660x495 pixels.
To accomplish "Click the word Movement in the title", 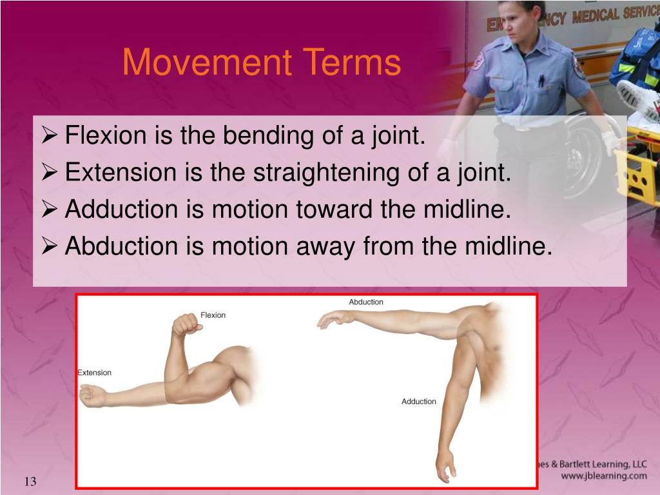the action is pos(207,63).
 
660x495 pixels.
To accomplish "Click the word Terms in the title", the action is pos(351,63).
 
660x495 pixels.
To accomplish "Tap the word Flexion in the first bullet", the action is pos(106,135).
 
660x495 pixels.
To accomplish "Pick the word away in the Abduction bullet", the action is pos(325,247).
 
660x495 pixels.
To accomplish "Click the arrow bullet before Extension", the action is pos(49,172).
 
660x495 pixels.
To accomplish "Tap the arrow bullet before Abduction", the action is pos(49,246).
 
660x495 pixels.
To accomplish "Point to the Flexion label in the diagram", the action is pos(213,315).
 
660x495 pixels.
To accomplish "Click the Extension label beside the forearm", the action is pos(94,373).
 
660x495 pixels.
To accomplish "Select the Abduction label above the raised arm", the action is pos(366,302).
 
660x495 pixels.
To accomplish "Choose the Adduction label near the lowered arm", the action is pos(418,402).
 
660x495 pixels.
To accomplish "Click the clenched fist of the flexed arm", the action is pos(186,324).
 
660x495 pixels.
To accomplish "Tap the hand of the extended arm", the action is pos(92,396).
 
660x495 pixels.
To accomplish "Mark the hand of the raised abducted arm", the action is pos(335,320).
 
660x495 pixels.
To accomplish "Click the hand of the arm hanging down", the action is pos(446,465).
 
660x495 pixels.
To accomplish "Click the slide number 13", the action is pos(30,481).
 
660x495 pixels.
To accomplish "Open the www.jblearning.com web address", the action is pos(604,476).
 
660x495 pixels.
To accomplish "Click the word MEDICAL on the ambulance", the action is pos(596,16).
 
